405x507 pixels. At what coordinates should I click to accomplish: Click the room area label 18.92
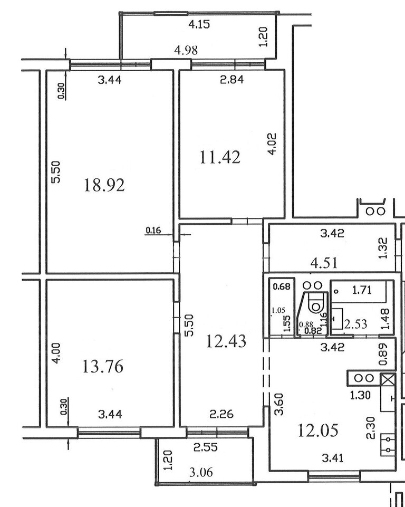point(104,185)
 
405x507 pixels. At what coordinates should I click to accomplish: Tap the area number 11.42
point(220,157)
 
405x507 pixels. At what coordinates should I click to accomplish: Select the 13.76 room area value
point(103,367)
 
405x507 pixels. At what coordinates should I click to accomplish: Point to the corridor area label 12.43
point(226,341)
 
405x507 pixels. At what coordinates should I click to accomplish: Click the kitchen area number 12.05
point(318,431)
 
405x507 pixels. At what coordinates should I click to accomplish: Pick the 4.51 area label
point(324,263)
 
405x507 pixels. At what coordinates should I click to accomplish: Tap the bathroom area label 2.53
point(355,323)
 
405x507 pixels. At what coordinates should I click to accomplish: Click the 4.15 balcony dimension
point(199,24)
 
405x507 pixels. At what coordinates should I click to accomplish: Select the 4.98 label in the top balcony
point(186,50)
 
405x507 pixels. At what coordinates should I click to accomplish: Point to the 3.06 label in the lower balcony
point(201,472)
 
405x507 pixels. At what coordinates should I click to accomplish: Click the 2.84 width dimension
point(232,79)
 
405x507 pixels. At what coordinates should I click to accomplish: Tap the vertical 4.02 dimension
point(272,144)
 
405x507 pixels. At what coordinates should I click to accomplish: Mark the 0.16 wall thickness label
point(153,231)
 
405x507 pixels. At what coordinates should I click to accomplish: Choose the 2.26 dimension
point(221,414)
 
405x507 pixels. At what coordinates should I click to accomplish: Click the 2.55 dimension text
point(206,447)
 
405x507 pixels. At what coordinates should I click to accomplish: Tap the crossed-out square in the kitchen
point(388,379)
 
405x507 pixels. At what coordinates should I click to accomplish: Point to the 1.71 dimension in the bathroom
point(362,290)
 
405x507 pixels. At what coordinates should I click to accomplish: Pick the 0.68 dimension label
point(282,286)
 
